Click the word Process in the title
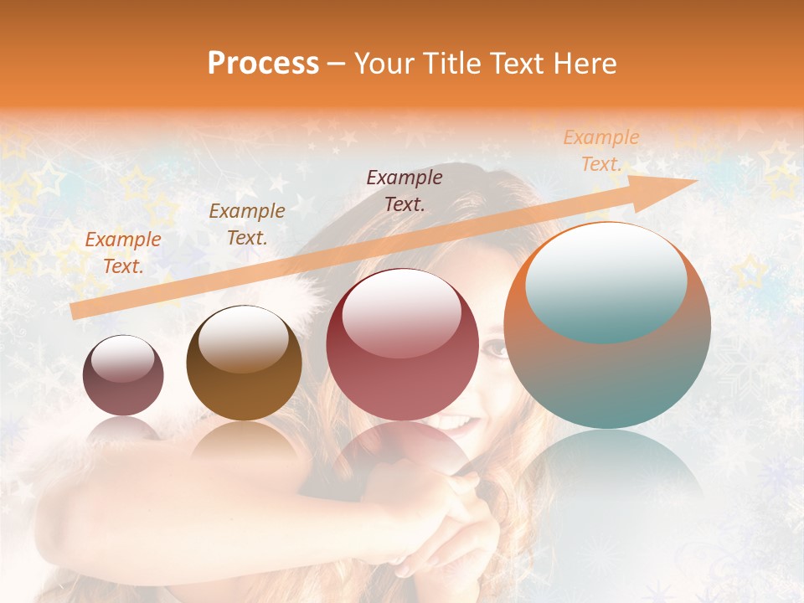point(263,64)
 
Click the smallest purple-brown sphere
point(123,375)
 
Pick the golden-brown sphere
point(244,363)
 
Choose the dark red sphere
point(402,344)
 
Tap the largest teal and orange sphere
point(607,326)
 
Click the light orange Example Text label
point(600,151)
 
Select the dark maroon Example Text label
point(405,190)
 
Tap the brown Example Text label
point(246,224)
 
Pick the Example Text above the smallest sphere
point(123,253)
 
